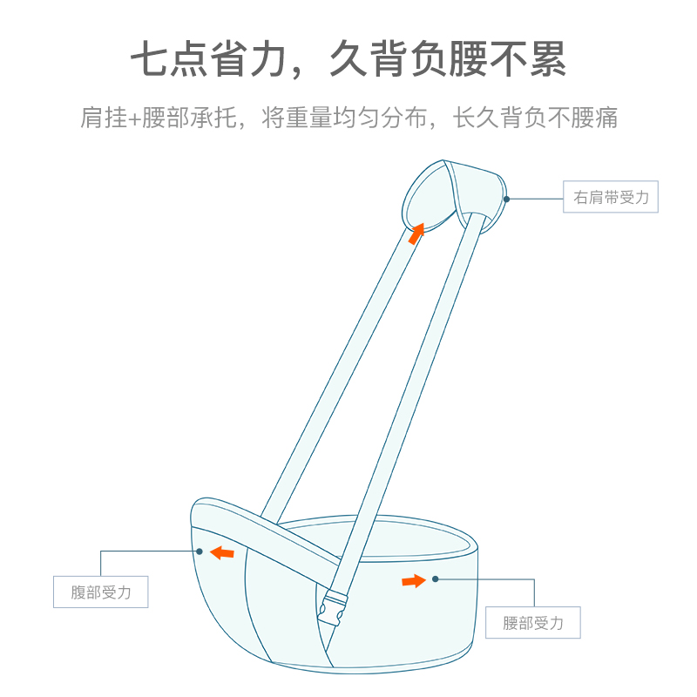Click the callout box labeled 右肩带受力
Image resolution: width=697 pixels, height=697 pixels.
(x=611, y=198)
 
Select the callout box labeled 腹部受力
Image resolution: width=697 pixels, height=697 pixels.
(x=100, y=592)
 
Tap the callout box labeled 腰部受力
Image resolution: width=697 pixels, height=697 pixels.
(x=532, y=623)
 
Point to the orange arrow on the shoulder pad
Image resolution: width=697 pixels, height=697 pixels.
(x=417, y=231)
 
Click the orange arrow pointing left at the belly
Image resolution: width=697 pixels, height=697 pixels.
(x=222, y=552)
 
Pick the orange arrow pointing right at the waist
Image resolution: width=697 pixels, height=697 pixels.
(x=415, y=580)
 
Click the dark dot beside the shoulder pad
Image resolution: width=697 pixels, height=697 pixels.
(x=506, y=199)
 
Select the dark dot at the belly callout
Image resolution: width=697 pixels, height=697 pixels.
(x=200, y=551)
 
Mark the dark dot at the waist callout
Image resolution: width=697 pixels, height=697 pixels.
(x=434, y=579)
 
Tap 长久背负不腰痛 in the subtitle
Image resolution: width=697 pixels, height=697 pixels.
(x=535, y=118)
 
